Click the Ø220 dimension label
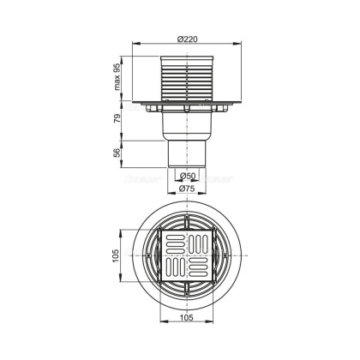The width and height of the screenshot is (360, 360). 187,39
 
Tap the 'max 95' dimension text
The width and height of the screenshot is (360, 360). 117,76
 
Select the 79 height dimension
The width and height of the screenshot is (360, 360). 117,118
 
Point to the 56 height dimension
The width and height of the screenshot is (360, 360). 117,153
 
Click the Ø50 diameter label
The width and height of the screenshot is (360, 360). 187,177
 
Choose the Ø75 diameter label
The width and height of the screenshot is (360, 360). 187,189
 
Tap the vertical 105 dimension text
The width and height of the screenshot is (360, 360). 116,256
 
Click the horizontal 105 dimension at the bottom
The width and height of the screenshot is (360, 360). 187,317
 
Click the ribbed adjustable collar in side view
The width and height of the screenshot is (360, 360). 187,78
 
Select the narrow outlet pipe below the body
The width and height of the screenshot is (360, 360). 187,154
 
